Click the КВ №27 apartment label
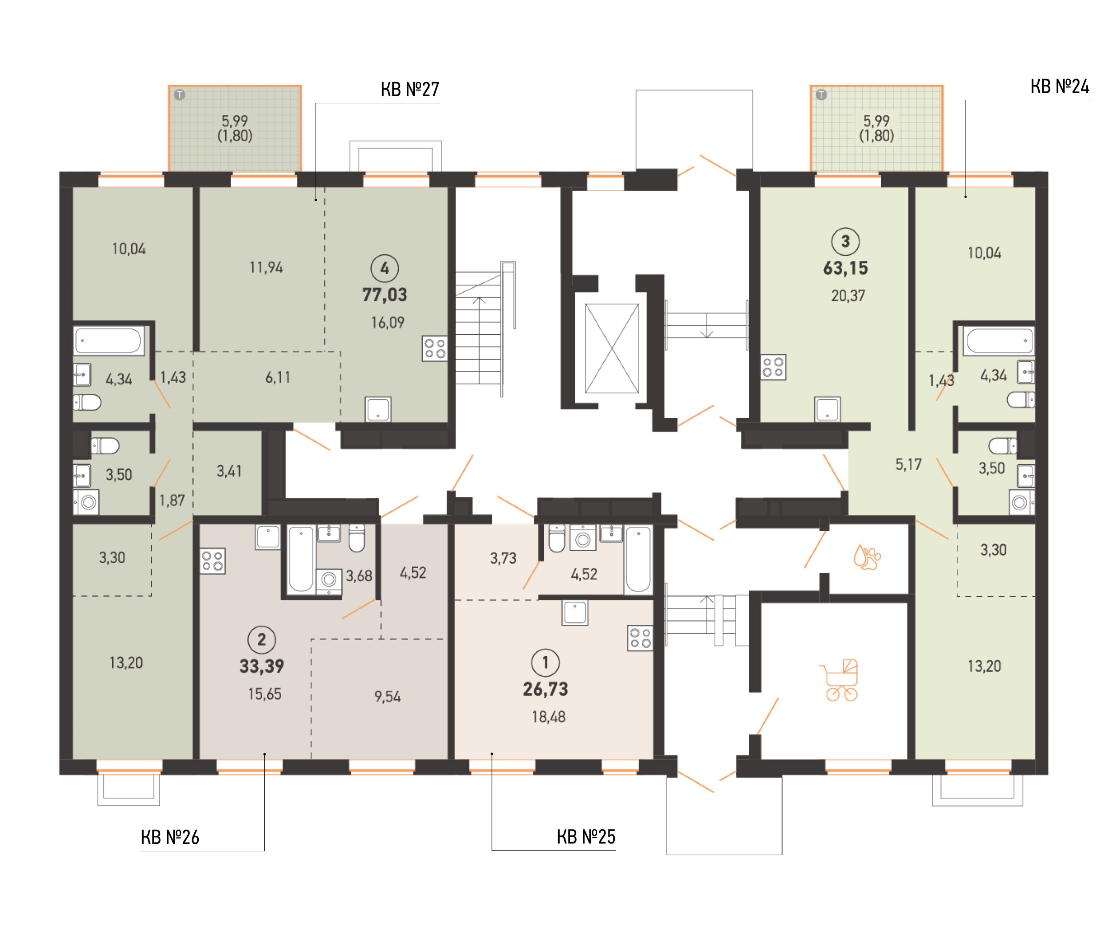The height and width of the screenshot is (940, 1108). click(x=409, y=90)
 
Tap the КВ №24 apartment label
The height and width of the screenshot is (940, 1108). click(x=1060, y=86)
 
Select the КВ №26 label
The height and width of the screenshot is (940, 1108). click(x=170, y=837)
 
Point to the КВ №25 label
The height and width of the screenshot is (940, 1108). click(x=585, y=837)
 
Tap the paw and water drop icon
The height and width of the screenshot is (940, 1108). click(x=867, y=557)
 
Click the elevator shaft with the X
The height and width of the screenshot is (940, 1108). click(x=611, y=348)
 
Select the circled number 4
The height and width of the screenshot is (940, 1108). click(x=384, y=268)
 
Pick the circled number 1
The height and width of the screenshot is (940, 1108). click(x=545, y=662)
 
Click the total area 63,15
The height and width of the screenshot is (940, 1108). click(x=845, y=268)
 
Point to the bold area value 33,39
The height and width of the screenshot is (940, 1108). click(x=262, y=666)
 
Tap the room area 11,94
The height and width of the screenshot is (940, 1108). click(x=266, y=267)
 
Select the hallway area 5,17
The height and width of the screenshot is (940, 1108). click(x=908, y=465)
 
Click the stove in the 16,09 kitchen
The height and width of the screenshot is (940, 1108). click(x=434, y=349)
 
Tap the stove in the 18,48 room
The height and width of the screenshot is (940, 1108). click(x=640, y=638)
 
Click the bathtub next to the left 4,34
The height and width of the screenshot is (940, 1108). click(x=109, y=341)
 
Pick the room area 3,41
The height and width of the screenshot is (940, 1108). click(x=229, y=471)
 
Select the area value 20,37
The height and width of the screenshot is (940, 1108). click(x=848, y=296)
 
